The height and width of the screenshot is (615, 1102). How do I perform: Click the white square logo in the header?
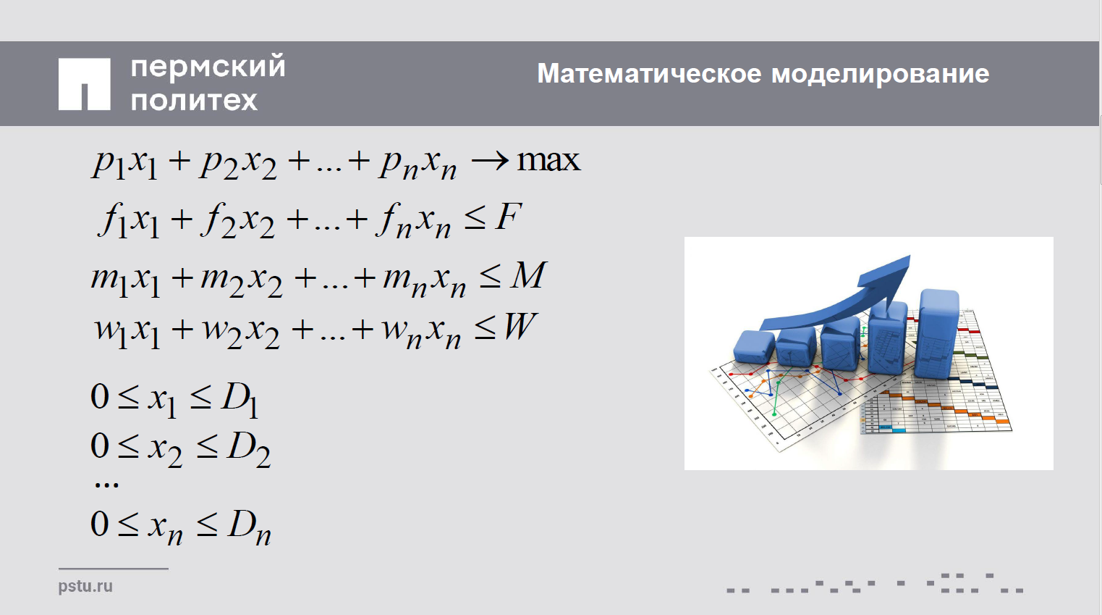pyautogui.click(x=84, y=84)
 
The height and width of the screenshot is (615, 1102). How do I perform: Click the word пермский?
pyautogui.click(x=208, y=67)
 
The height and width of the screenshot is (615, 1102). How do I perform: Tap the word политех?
pyautogui.click(x=194, y=100)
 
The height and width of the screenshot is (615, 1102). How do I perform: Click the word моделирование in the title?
pyautogui.click(x=880, y=75)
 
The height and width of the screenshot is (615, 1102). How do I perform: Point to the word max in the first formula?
pyautogui.click(x=548, y=160)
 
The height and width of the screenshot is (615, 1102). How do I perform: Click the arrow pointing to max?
pyautogui.click(x=490, y=160)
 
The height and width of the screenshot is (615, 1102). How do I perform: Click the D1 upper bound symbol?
pyautogui.click(x=240, y=401)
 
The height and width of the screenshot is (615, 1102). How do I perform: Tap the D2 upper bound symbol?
pyautogui.click(x=248, y=450)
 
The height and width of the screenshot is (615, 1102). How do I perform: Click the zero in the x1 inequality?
pyautogui.click(x=100, y=396)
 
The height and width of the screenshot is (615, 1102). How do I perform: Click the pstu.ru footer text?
pyautogui.click(x=85, y=587)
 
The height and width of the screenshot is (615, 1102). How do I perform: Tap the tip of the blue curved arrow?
pyautogui.click(x=910, y=256)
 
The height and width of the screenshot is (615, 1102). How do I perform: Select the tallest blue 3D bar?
pyautogui.click(x=938, y=334)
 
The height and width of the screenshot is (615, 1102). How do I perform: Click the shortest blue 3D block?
pyautogui.click(x=754, y=346)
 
